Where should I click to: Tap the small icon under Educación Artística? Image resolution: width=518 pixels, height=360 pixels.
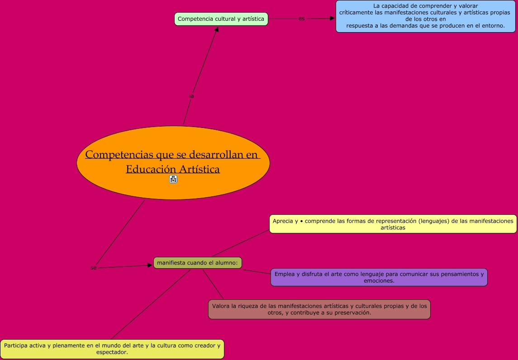(x=173, y=179)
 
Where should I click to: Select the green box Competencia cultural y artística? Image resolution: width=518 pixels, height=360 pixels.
(x=221, y=19)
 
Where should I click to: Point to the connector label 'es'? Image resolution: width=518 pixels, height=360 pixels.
(x=302, y=19)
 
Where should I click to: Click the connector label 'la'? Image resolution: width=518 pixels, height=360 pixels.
(x=191, y=96)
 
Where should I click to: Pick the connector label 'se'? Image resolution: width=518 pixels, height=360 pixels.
(x=94, y=268)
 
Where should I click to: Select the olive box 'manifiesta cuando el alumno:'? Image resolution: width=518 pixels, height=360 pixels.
(x=198, y=263)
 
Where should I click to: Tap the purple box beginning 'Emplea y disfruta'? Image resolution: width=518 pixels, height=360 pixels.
(x=379, y=277)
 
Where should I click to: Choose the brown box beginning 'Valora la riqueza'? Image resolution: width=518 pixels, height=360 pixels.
(x=319, y=309)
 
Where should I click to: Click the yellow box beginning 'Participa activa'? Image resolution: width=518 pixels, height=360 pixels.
(x=112, y=349)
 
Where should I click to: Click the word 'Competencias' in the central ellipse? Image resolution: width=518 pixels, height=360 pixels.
(x=119, y=155)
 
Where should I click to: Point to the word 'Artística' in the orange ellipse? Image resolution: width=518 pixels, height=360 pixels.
(x=199, y=169)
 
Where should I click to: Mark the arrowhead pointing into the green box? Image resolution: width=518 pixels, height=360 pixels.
(x=217, y=29)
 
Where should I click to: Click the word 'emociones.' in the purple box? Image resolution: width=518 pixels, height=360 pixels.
(x=379, y=280)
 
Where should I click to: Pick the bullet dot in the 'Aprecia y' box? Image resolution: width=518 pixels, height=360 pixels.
(x=301, y=221)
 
